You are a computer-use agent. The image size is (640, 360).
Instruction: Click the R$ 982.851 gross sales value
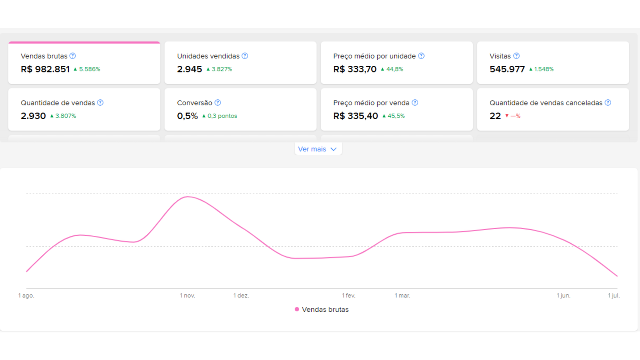click(x=45, y=69)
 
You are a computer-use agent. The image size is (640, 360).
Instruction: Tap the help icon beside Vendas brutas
click(x=73, y=56)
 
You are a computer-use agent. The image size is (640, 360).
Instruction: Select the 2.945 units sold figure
click(x=189, y=69)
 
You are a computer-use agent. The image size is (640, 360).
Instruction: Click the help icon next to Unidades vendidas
click(x=245, y=56)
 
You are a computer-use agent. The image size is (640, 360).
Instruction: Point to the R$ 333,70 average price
click(x=355, y=69)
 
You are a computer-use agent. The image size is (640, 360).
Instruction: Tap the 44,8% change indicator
click(x=392, y=69)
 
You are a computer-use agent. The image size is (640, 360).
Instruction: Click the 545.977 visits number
click(x=507, y=69)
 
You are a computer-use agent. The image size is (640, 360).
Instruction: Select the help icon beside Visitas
click(x=516, y=56)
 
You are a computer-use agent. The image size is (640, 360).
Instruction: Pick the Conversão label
click(x=195, y=103)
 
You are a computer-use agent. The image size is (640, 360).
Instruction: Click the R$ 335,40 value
click(x=356, y=116)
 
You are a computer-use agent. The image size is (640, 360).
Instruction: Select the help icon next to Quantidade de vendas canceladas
click(x=608, y=103)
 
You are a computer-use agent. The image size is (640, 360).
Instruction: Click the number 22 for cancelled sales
click(x=495, y=116)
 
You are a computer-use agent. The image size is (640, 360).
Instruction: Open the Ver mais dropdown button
click(x=318, y=149)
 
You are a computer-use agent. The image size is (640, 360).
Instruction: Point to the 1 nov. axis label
click(x=187, y=296)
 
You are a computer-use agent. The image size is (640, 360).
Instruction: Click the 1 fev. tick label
click(x=349, y=296)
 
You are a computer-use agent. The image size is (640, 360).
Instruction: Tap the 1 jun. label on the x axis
click(x=563, y=296)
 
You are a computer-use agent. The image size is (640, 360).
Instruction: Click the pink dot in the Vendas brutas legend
click(x=297, y=309)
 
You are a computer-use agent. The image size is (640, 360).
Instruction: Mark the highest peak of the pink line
click(x=188, y=197)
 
